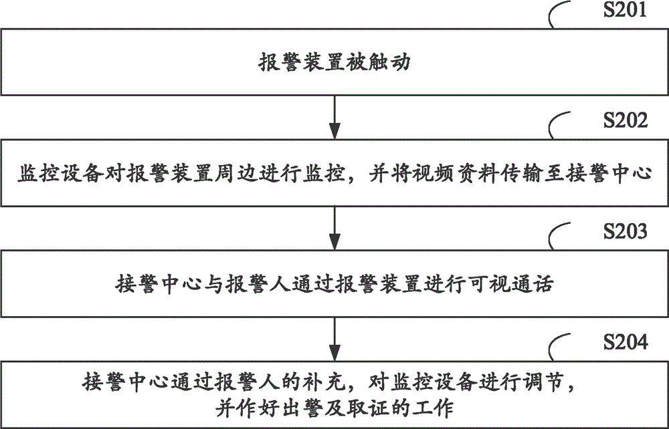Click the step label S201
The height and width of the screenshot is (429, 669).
(625, 9)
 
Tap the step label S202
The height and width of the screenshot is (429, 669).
(625, 120)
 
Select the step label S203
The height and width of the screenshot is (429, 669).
(625, 231)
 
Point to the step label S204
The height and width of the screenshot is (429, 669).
(625, 341)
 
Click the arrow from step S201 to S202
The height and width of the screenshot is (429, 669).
(335, 117)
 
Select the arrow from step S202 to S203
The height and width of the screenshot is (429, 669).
(335, 228)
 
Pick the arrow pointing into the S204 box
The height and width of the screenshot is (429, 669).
(335, 339)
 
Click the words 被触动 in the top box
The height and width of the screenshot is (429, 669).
(379, 62)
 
